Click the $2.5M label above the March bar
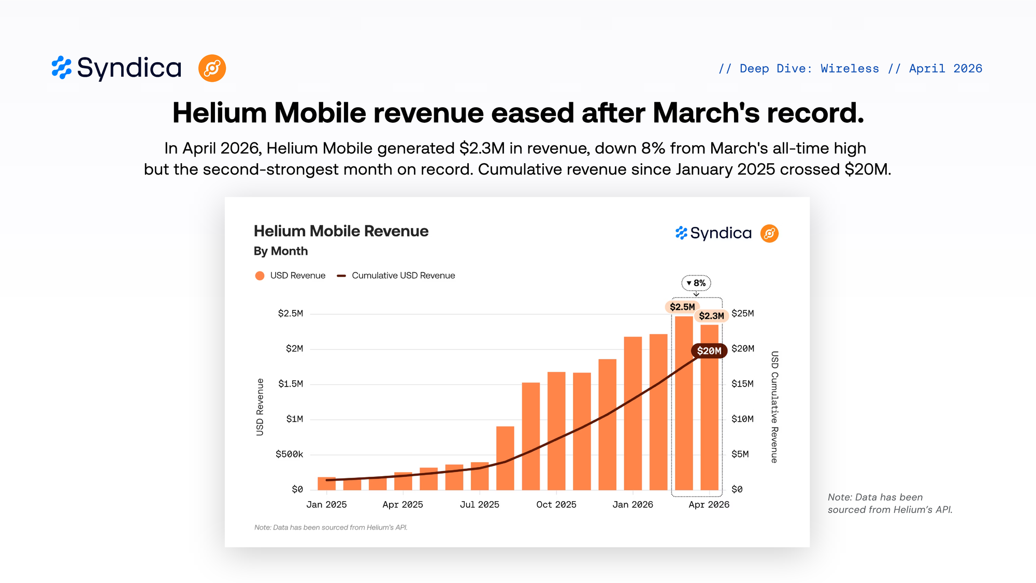pos(682,307)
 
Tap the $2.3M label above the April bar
pos(711,316)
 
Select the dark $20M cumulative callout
pos(709,351)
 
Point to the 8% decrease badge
pos(696,283)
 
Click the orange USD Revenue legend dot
pos(260,276)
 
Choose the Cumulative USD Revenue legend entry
pos(396,276)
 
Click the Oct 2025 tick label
pos(556,505)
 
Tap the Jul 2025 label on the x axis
pos(480,505)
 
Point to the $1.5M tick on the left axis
pos(291,384)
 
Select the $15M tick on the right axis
pos(742,384)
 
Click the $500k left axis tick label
pos(290,454)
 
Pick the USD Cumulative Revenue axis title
pos(774,407)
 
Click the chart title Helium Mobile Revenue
pos(341,231)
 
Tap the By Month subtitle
pos(281,251)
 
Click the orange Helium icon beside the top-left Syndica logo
pos(212,68)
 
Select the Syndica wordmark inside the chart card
pos(721,233)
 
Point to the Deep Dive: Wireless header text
pos(809,68)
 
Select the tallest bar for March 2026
pos(684,403)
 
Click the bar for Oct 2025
pos(556,431)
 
